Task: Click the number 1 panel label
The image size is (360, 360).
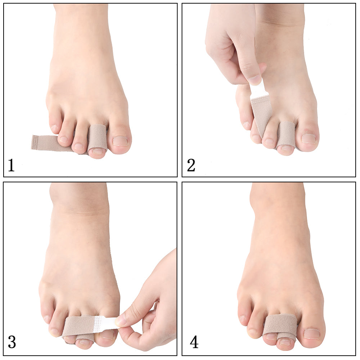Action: pyautogui.click(x=11, y=165)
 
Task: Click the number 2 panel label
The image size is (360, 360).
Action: pyautogui.click(x=191, y=165)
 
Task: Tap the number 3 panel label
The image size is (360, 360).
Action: pyautogui.click(x=12, y=342)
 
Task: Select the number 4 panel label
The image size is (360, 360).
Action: pyautogui.click(x=194, y=342)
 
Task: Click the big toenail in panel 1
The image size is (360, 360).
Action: pyautogui.click(x=120, y=141)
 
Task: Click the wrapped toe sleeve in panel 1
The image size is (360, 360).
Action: pyautogui.click(x=97, y=137)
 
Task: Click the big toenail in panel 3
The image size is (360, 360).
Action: pyautogui.click(x=107, y=334)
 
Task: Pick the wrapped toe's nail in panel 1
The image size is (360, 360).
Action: pyautogui.click(x=98, y=152)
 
